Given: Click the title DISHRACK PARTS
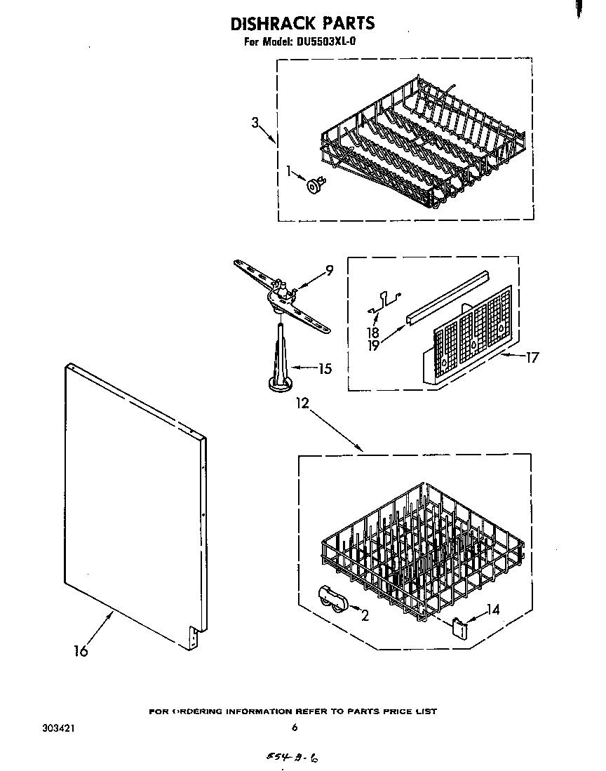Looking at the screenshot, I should pyautogui.click(x=302, y=23).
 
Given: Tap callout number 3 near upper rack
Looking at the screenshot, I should pyautogui.click(x=255, y=123).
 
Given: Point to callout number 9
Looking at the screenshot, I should pyautogui.click(x=329, y=269).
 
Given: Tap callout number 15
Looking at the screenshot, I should pyautogui.click(x=324, y=368).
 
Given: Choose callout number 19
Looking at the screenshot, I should pyautogui.click(x=373, y=346).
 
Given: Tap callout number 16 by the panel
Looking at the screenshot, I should pyautogui.click(x=81, y=650).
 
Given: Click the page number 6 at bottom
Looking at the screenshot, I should pyautogui.click(x=295, y=728).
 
